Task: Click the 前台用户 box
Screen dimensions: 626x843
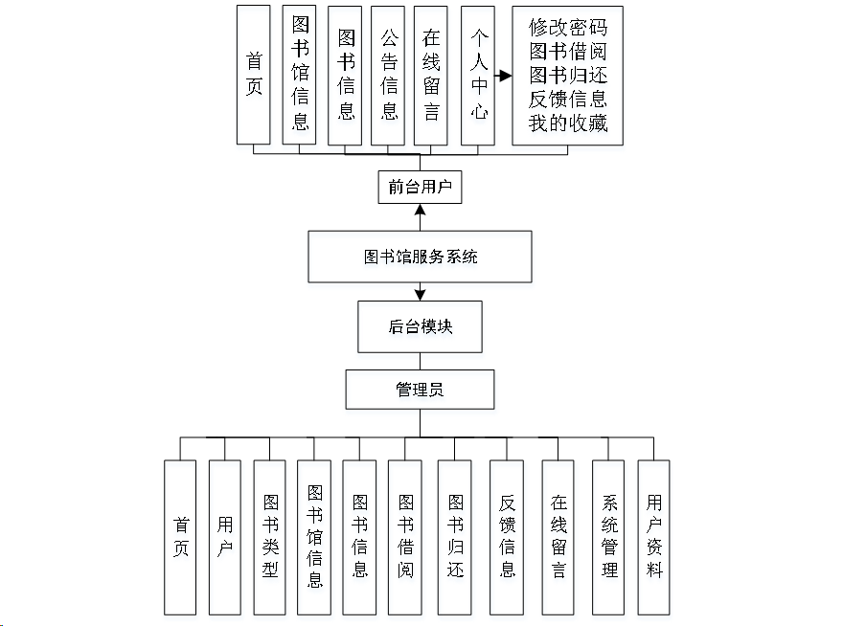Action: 420,187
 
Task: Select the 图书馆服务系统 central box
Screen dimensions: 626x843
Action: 420,257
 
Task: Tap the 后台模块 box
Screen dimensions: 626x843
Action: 420,326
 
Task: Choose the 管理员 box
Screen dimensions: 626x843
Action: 420,390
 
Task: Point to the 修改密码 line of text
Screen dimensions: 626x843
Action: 568,27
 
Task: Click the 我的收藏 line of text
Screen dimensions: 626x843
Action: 568,123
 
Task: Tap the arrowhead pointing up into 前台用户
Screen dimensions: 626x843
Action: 420,211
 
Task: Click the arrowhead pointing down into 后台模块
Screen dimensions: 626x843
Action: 420,294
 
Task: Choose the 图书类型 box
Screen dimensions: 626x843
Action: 270,537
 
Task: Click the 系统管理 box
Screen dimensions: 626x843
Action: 608,537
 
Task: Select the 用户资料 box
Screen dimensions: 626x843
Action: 653,537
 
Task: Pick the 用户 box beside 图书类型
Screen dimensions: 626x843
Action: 225,537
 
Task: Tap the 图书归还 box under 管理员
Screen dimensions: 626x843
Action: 455,537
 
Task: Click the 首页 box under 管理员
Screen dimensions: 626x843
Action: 180,537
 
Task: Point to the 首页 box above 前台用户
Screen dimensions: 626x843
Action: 254,75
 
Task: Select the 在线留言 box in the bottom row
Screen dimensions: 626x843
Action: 558,537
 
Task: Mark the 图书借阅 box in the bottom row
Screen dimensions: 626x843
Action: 405,537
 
